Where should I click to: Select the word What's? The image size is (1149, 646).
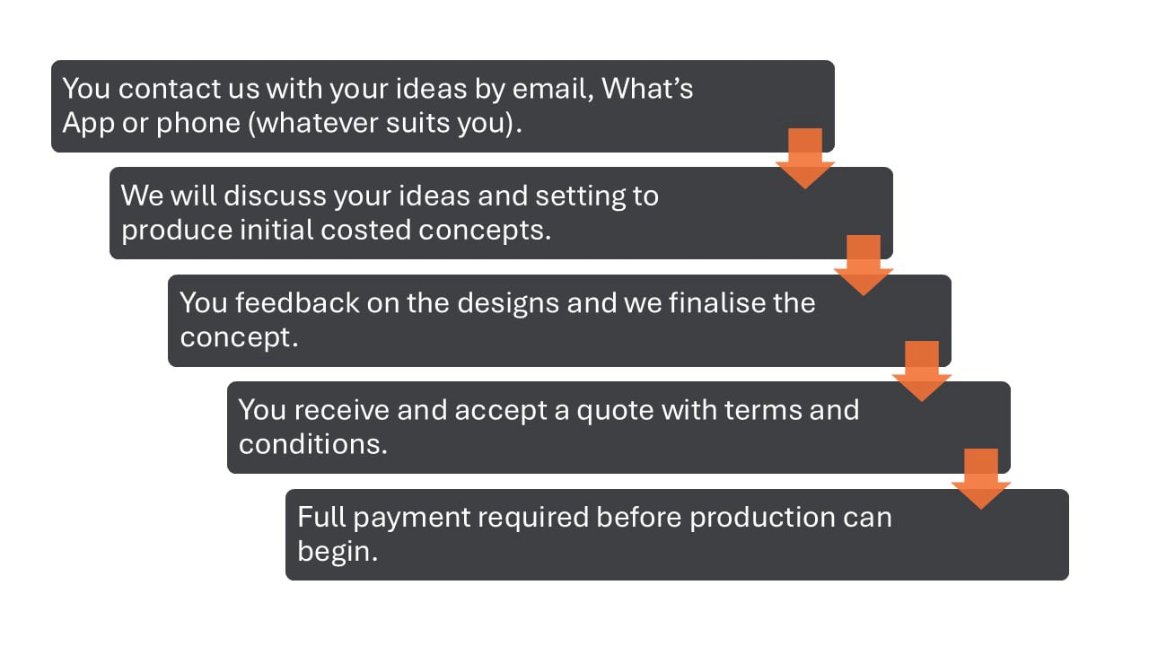(x=647, y=89)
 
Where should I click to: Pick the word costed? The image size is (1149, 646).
(x=358, y=230)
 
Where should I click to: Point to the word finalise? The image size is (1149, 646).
(x=716, y=302)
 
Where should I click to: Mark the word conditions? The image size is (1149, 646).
(x=312, y=444)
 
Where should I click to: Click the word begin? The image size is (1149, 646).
(x=337, y=551)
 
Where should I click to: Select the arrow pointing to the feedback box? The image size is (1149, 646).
(x=863, y=266)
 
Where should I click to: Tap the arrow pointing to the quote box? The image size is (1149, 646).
(x=921, y=371)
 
